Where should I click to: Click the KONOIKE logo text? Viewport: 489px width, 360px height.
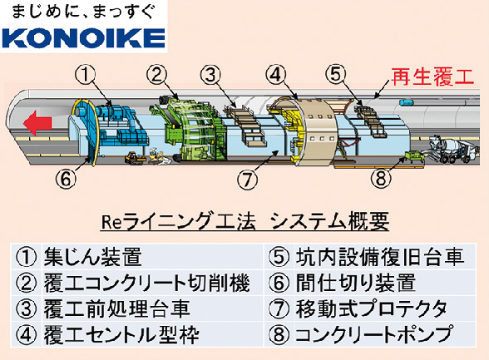[83, 38]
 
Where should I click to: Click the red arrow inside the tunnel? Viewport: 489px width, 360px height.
[37, 123]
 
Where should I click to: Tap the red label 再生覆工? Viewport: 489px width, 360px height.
[432, 77]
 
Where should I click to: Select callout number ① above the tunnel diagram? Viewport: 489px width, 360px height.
[85, 76]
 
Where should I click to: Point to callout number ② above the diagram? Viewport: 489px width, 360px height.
[157, 75]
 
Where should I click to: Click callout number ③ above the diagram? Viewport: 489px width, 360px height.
[210, 75]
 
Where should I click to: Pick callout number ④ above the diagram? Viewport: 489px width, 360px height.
[276, 75]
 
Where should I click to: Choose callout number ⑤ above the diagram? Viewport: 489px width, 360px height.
[336, 74]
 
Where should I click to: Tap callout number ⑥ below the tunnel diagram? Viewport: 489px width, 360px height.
[66, 179]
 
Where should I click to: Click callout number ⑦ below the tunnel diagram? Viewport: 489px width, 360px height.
[247, 180]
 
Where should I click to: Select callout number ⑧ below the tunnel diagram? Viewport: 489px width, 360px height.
[381, 179]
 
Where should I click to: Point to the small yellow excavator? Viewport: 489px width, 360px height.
[135, 157]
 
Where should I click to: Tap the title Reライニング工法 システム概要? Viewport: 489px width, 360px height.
[245, 221]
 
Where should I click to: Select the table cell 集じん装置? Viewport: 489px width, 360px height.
[93, 257]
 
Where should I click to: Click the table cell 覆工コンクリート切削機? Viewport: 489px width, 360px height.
[146, 283]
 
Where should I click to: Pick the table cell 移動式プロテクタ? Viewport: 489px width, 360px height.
[371, 308]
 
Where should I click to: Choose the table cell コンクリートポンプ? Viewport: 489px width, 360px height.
[373, 334]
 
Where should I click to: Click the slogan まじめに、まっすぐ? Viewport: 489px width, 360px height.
[83, 12]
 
